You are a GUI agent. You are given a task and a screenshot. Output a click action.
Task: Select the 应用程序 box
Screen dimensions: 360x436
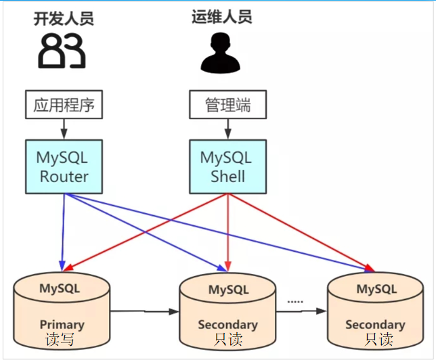(x=64, y=105)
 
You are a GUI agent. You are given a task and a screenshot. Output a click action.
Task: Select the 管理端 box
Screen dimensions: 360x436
(x=226, y=105)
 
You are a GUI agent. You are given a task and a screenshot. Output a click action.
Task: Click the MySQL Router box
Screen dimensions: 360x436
(x=64, y=166)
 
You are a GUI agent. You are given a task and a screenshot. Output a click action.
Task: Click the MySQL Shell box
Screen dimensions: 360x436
(x=226, y=166)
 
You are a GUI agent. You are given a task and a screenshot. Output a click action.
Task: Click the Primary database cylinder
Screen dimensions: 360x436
(x=62, y=308)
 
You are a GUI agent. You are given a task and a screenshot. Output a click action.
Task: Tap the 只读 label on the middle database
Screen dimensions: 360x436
(x=227, y=340)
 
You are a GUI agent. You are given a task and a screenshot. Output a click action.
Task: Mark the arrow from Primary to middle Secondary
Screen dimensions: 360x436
(x=144, y=312)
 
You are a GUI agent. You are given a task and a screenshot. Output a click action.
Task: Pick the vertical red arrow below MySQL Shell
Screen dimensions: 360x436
(x=227, y=230)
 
